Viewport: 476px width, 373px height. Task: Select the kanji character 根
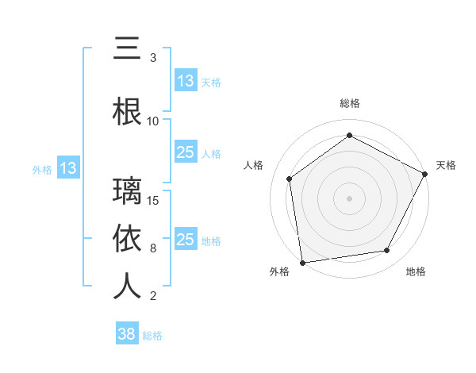click(127, 112)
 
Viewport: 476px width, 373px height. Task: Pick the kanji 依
click(127, 239)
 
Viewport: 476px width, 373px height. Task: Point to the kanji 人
click(127, 286)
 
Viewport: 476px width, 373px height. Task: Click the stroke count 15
click(153, 200)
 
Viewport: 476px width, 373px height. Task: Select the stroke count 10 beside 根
click(153, 121)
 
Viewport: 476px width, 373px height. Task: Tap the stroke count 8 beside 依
click(153, 248)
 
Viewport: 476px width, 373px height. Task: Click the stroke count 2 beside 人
click(153, 296)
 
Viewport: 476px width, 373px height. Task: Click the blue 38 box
click(127, 334)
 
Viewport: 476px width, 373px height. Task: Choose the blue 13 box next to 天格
click(186, 81)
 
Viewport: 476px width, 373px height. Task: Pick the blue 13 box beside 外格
click(67, 168)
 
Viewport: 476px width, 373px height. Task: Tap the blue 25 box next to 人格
click(186, 152)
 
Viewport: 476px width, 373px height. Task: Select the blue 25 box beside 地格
click(186, 240)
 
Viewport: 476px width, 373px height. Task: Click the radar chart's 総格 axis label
click(350, 103)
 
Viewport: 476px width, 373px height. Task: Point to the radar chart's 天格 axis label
click(446, 165)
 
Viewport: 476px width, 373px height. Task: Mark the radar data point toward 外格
click(302, 262)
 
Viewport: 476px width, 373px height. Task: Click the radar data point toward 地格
click(387, 250)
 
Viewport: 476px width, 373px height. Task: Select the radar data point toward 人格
click(290, 179)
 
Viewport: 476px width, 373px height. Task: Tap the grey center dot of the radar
click(350, 198)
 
